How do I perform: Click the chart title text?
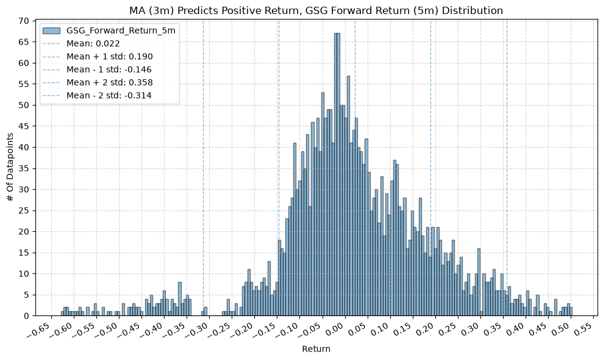316,10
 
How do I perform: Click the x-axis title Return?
316,349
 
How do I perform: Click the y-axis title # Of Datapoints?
10,167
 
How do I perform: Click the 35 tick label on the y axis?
24,168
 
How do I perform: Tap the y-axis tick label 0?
27,315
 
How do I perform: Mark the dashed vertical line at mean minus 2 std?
204,168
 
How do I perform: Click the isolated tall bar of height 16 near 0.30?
479,283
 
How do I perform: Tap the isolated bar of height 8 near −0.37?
180,299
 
